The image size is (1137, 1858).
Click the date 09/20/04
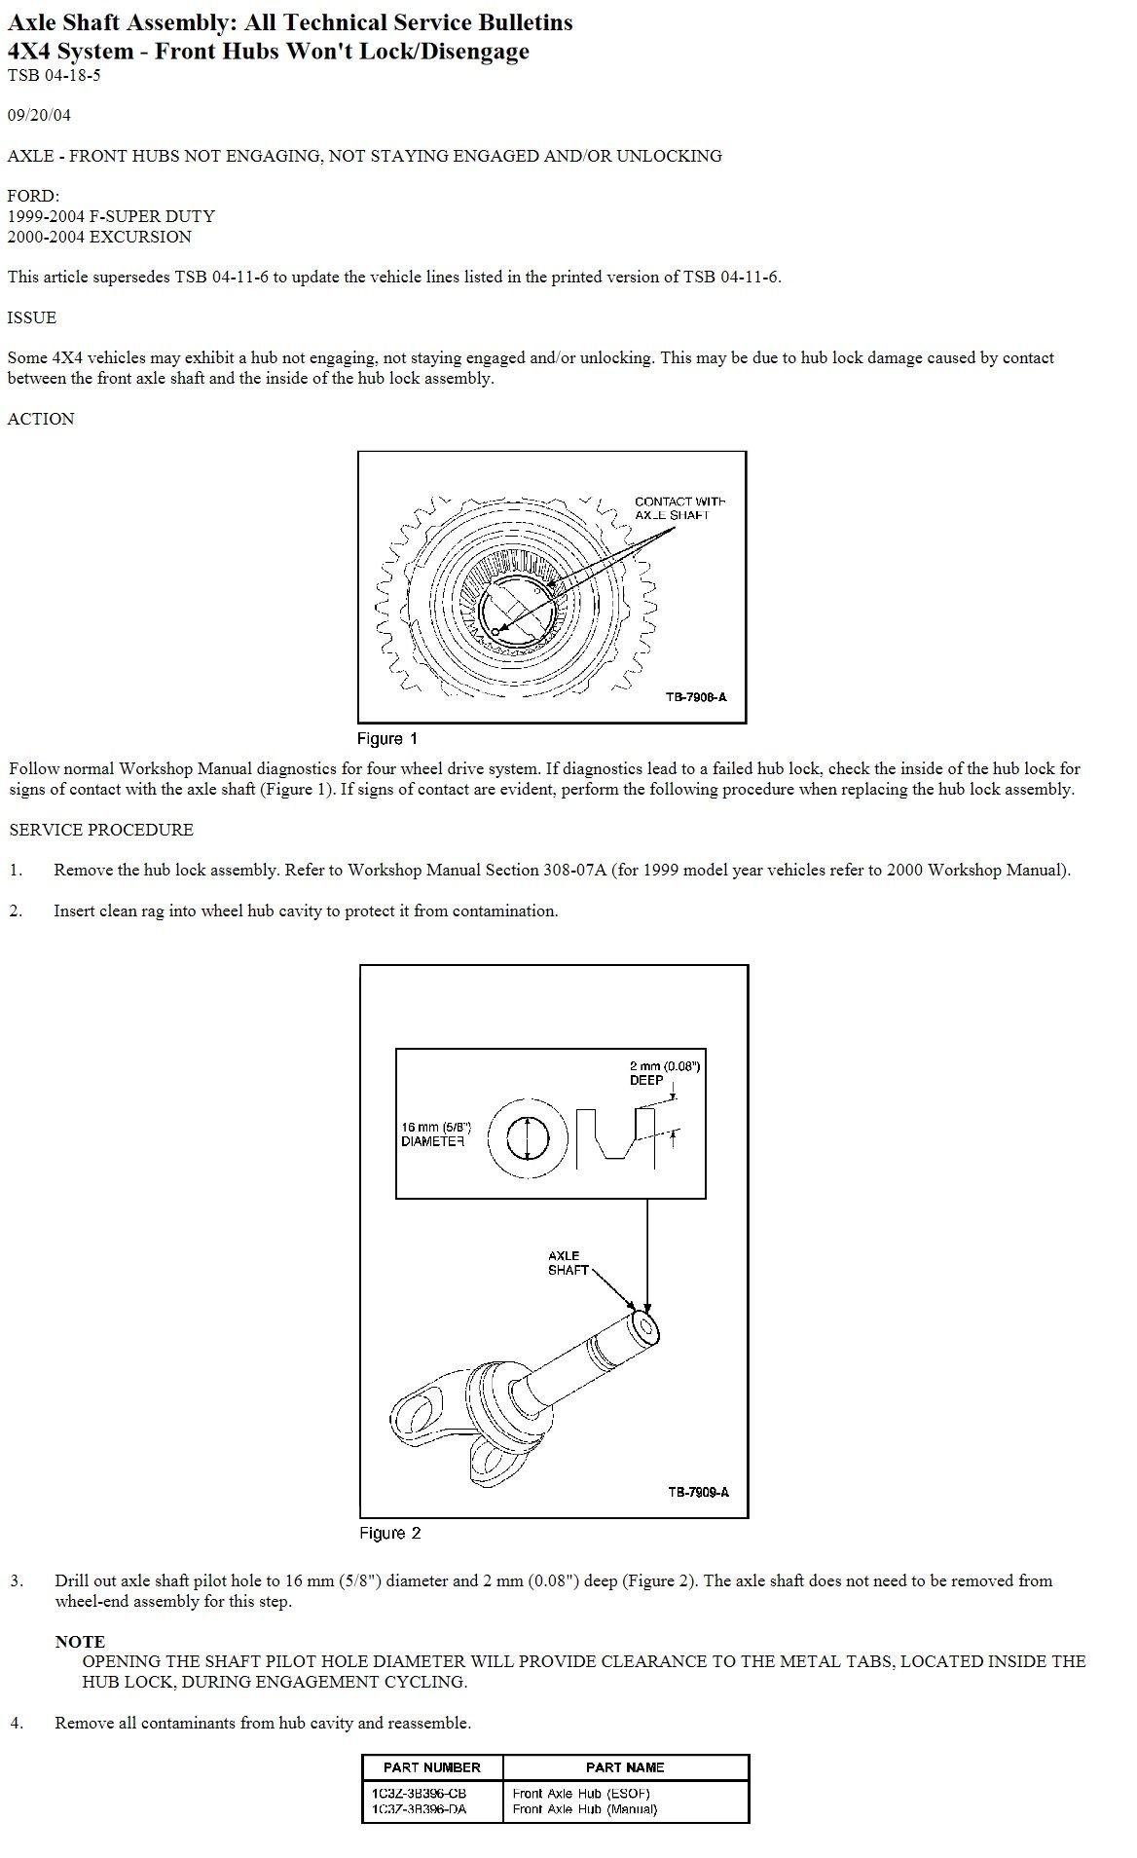click(39, 115)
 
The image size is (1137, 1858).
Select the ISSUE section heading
click(32, 317)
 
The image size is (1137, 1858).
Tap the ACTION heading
click(41, 419)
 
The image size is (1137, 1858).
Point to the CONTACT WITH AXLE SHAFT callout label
click(679, 508)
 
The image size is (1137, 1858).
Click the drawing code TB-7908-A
click(696, 697)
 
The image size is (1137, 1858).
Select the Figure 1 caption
click(386, 738)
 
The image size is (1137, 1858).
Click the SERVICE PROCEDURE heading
click(101, 830)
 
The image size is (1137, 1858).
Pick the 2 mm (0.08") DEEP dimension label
click(664, 1072)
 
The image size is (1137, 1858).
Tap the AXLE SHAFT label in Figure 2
click(568, 1263)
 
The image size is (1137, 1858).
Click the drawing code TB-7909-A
click(698, 1492)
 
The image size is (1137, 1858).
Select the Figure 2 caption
click(389, 1533)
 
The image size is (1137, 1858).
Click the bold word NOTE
click(80, 1641)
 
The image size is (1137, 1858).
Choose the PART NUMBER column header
click(431, 1767)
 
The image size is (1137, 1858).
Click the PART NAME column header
click(625, 1767)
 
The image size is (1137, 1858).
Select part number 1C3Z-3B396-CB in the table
click(419, 1793)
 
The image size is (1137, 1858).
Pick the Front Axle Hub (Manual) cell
click(584, 1809)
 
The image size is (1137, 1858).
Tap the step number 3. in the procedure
click(17, 1580)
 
